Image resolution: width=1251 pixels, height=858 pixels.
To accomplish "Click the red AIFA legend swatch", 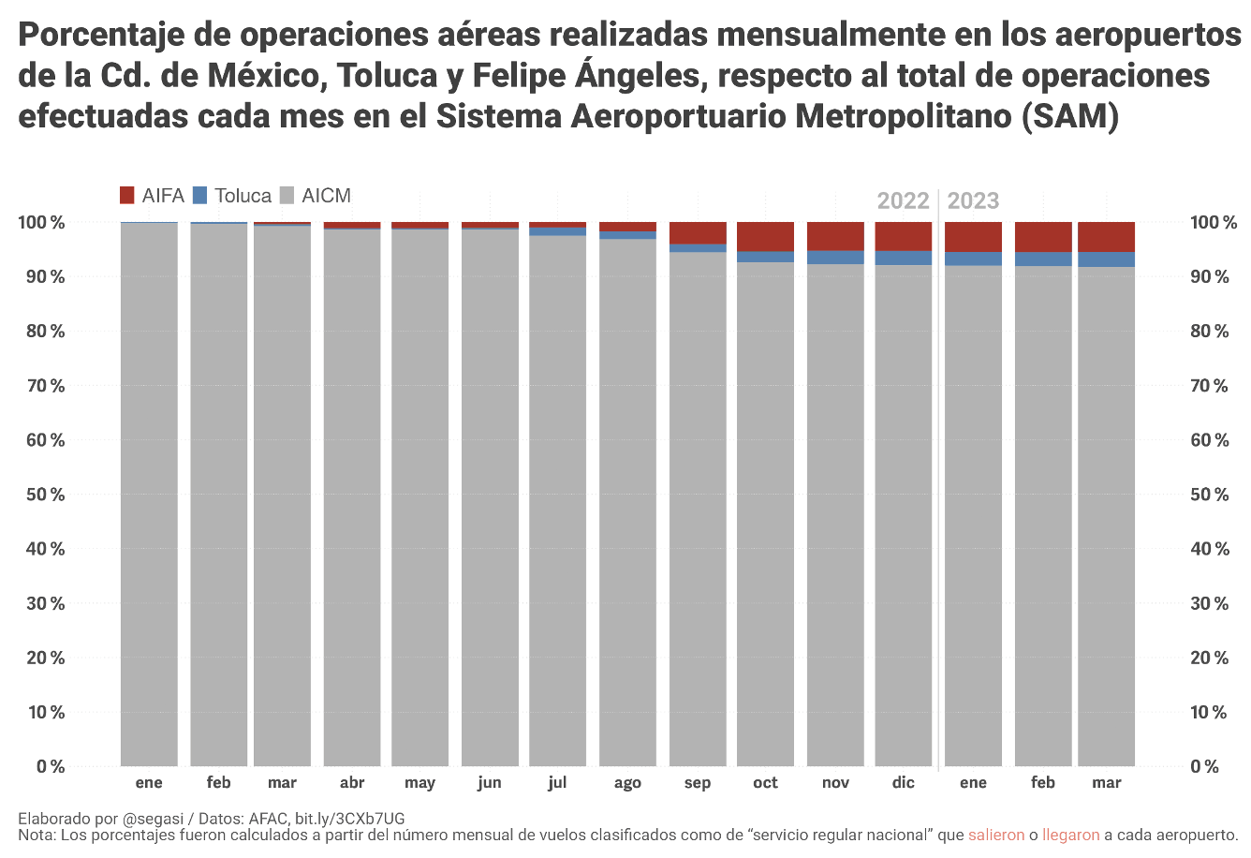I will (127, 196).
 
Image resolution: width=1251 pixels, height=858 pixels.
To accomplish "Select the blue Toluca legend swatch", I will (199, 196).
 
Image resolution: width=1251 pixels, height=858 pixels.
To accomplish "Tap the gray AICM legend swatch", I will (287, 196).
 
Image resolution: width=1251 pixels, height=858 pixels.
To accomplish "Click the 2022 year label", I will (903, 200).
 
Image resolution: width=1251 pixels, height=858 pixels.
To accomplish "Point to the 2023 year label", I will (973, 200).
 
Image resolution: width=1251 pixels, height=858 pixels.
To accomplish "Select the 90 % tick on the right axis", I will (1209, 277).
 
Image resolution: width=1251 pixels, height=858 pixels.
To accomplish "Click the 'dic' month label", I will (904, 783).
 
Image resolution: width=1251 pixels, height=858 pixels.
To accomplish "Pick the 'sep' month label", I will (698, 783).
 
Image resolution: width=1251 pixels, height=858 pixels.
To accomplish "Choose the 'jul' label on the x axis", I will (557, 783).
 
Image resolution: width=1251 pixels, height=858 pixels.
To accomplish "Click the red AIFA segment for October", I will (765, 237).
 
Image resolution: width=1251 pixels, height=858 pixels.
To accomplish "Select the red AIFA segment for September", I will (698, 233).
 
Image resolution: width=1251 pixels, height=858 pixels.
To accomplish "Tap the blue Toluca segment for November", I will (835, 258).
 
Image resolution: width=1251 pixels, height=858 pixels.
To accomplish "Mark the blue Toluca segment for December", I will (904, 259).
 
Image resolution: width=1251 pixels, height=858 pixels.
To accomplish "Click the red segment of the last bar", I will (1106, 237).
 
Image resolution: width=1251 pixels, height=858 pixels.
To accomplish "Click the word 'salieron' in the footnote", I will (996, 835).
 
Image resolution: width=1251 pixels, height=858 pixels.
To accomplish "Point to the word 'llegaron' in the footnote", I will (1070, 835).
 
